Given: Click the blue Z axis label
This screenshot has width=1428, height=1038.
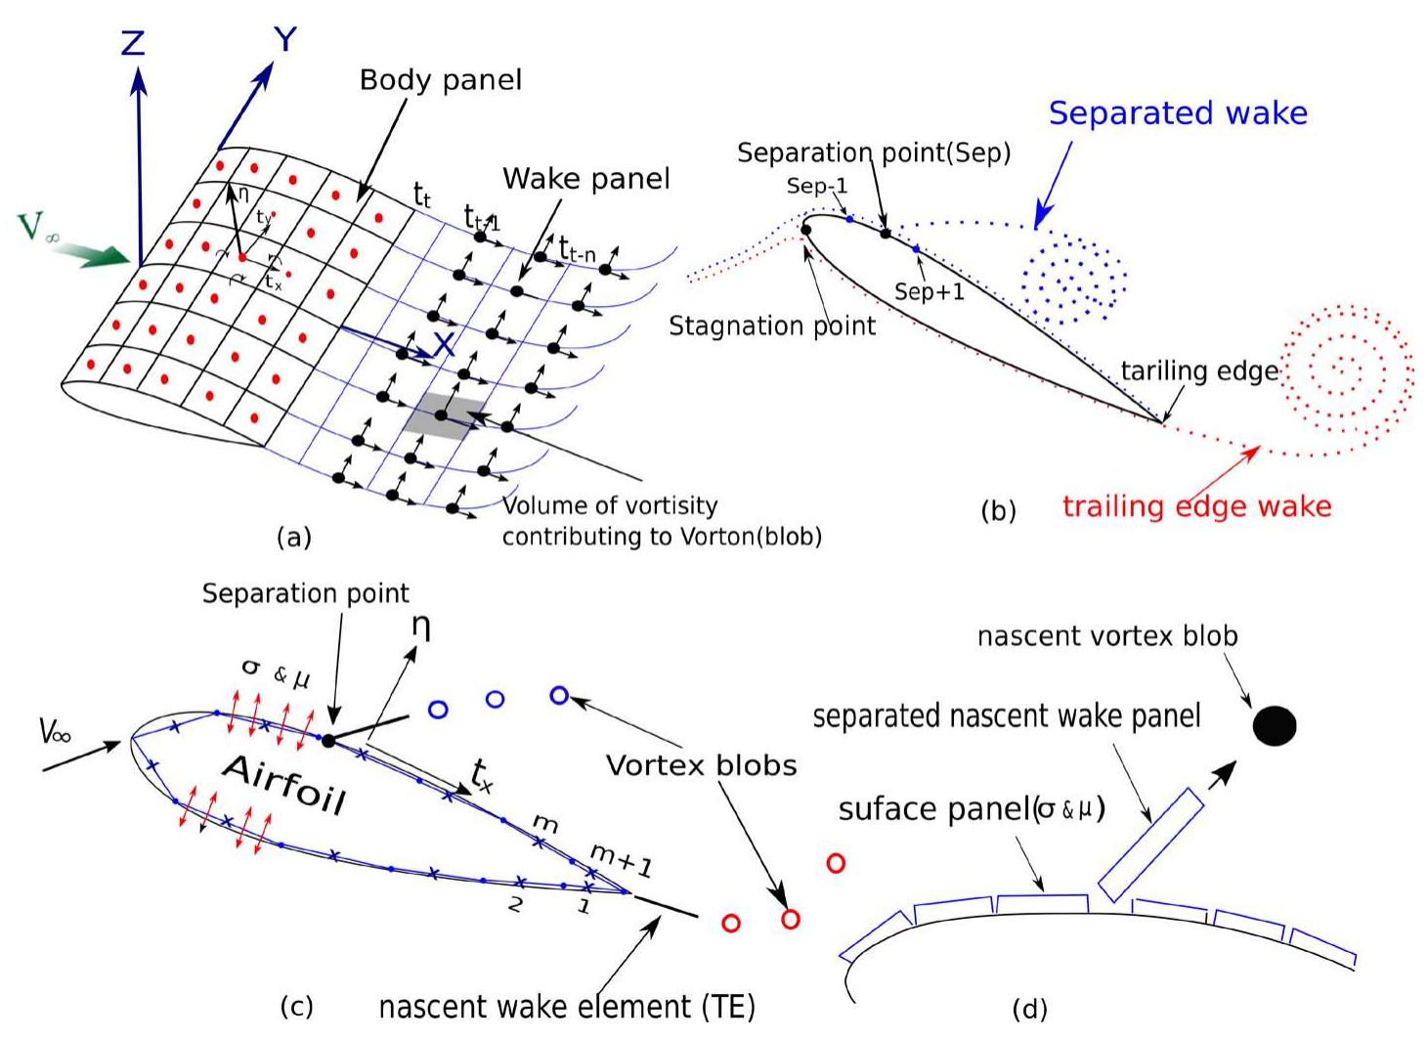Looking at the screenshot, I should (x=133, y=43).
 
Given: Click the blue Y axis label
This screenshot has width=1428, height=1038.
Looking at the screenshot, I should (x=284, y=40).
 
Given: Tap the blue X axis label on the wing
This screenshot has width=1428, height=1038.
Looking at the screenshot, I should (x=444, y=344).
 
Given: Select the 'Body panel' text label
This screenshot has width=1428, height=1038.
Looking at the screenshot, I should (x=440, y=80).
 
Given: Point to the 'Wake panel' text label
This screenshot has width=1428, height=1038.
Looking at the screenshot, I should (x=586, y=179).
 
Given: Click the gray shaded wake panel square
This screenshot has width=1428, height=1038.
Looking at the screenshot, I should (x=445, y=416).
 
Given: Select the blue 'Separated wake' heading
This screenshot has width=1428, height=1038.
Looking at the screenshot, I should (x=1177, y=113).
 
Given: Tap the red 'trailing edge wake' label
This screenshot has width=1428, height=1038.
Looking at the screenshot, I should (x=1196, y=506).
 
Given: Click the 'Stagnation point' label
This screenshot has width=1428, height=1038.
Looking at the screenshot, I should (x=772, y=325).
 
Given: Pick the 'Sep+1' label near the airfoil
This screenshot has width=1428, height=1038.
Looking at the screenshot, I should (x=929, y=291).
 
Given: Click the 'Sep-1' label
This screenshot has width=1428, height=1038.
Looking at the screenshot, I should (x=817, y=186).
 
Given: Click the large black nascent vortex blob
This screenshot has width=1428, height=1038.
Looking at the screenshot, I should (x=1275, y=726).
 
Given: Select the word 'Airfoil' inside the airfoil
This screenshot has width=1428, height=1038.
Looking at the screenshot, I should (x=284, y=784).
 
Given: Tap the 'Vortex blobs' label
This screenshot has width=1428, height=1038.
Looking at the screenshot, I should (x=701, y=765).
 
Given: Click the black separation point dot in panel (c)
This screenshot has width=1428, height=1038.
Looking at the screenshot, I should (x=328, y=741).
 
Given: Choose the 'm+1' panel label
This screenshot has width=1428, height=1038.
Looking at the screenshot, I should (x=621, y=860).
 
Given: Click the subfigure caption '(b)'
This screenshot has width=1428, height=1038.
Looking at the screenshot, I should (x=998, y=511).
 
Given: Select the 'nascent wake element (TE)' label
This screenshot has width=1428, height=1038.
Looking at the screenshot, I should (x=567, y=1007).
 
